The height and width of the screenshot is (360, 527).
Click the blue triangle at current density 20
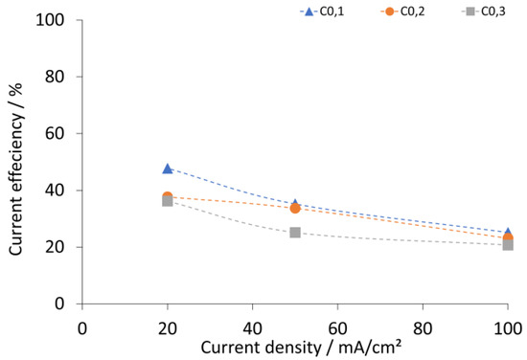(168, 169)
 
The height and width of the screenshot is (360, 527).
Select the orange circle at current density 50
(295, 209)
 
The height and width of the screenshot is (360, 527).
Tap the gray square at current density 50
(295, 233)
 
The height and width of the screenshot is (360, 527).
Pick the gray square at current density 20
(168, 201)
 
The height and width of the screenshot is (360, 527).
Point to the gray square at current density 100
(508, 245)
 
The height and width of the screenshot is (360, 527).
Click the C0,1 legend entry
(322, 11)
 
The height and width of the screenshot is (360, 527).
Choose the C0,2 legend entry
(402, 11)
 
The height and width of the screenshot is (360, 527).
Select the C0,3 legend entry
(483, 11)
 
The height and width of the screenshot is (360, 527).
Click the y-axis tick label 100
(50, 20)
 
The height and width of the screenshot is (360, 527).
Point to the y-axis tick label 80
(55, 77)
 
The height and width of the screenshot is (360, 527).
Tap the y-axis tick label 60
(55, 134)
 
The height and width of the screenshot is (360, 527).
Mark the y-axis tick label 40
(55, 191)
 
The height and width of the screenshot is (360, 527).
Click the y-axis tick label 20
(55, 247)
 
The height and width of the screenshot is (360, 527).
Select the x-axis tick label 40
(252, 328)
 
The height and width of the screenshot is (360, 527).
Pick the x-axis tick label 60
(337, 328)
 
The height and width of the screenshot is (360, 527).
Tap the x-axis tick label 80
(423, 328)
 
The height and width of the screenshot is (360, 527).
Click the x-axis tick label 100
(508, 328)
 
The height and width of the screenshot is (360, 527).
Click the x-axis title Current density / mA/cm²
(301, 348)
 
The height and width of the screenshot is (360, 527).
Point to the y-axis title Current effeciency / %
(15, 169)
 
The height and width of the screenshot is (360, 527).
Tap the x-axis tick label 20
(168, 328)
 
